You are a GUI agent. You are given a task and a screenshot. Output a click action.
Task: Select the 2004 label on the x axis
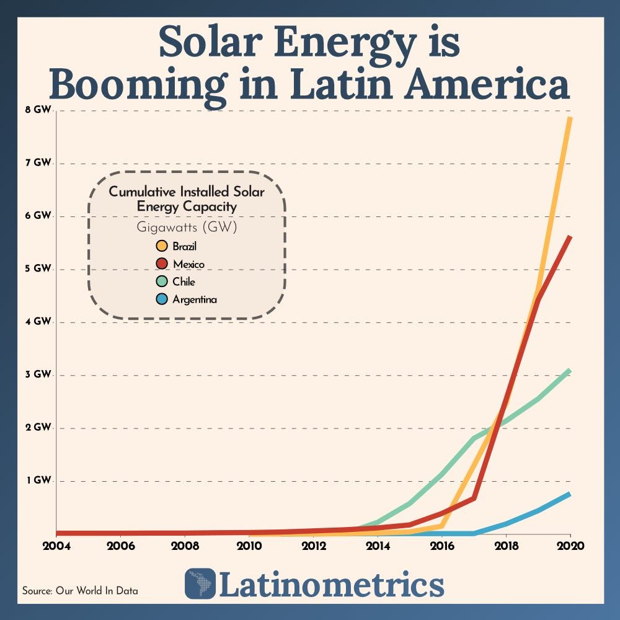click(56, 546)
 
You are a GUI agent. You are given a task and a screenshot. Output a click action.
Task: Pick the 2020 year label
click(570, 546)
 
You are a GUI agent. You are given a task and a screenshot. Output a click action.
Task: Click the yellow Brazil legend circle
click(162, 247)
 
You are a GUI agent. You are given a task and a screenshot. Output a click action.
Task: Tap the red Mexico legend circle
click(162, 264)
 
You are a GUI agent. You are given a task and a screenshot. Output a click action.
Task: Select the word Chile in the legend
click(184, 282)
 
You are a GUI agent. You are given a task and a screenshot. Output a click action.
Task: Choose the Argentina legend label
click(195, 299)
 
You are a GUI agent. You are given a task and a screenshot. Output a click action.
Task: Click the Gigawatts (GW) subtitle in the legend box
click(187, 227)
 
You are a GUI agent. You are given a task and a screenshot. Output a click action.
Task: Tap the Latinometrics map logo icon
click(200, 583)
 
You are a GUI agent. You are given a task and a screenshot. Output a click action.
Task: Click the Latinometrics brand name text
click(332, 584)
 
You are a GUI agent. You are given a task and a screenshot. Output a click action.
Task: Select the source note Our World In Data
click(80, 591)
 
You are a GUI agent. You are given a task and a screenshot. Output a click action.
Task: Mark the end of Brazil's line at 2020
click(570, 118)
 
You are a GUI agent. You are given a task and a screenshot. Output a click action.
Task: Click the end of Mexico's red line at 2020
click(570, 237)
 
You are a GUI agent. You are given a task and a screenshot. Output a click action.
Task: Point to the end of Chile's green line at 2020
click(570, 370)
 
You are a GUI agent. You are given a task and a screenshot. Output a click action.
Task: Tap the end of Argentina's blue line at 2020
click(570, 494)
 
